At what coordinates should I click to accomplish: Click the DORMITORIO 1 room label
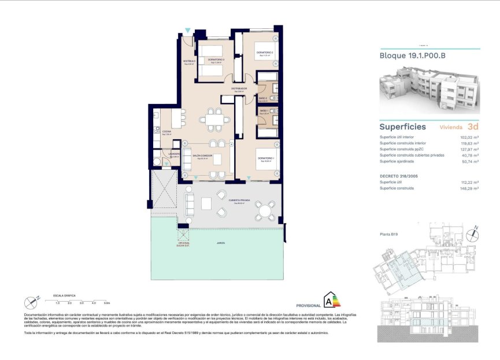click(x=266, y=158)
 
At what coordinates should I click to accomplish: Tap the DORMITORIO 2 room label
click(x=264, y=53)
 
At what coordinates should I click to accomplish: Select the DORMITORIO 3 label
click(x=216, y=60)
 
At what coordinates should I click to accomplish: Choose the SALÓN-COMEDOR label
click(x=202, y=155)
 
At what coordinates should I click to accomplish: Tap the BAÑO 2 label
click(x=263, y=99)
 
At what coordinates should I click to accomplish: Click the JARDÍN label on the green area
click(x=221, y=243)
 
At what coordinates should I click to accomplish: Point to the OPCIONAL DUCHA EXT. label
click(x=183, y=244)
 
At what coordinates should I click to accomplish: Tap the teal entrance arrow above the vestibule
click(x=187, y=30)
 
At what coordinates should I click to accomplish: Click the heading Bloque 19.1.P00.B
click(x=412, y=56)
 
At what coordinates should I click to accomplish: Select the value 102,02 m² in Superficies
click(x=469, y=136)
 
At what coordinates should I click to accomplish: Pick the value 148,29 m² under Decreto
click(x=469, y=188)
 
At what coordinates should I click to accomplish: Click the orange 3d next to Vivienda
click(x=472, y=126)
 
